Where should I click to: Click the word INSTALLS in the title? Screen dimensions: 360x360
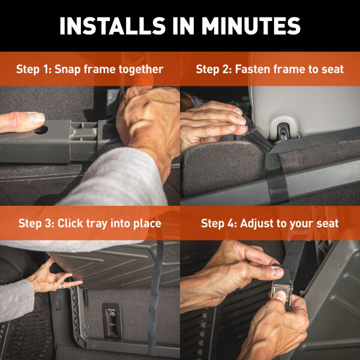point(113,26)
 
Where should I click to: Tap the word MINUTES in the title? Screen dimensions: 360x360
point(251,26)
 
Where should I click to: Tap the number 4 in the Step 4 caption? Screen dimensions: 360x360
point(232,223)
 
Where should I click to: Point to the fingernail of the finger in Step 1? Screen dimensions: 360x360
point(35,118)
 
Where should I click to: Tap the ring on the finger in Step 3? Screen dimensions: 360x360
point(62,286)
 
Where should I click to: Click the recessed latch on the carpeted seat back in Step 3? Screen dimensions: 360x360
point(112,320)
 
